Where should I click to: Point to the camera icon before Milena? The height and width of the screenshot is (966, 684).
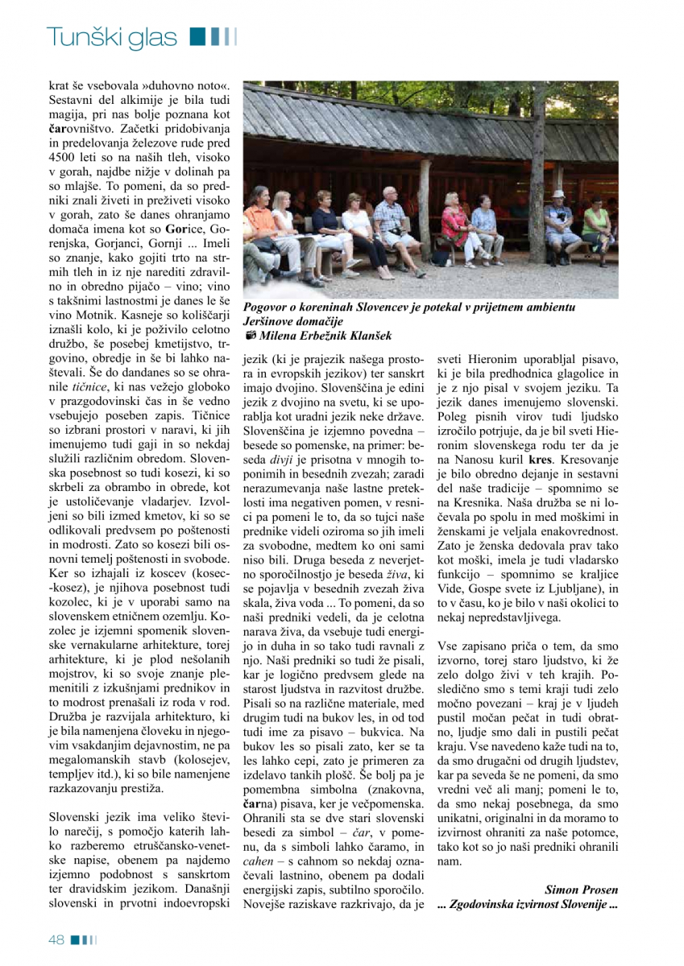251,336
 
